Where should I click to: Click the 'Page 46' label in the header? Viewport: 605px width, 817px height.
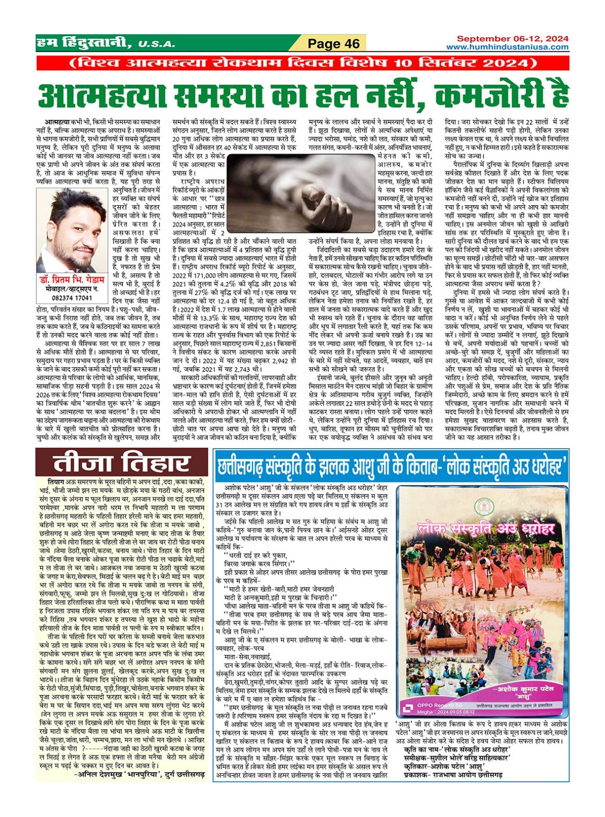pyautogui.click(x=334, y=44)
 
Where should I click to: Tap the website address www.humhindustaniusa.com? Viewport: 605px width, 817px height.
pyautogui.click(x=507, y=47)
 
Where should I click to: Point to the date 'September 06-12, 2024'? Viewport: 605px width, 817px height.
pyautogui.click(x=512, y=39)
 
